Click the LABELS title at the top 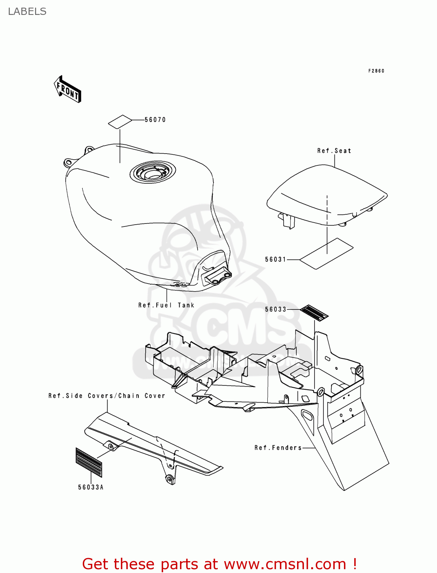(x=27, y=11)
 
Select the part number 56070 (x=155, y=120)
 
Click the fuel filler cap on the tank (x=153, y=172)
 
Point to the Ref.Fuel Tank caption (x=166, y=305)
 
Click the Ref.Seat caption (x=334, y=151)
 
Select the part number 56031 (x=275, y=259)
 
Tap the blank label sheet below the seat (x=327, y=254)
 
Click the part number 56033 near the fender (x=275, y=309)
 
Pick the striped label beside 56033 (x=314, y=313)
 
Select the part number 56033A (x=91, y=487)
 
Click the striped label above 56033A (x=89, y=463)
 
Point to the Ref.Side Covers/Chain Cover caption (x=107, y=396)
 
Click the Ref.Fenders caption (x=278, y=448)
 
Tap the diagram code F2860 (x=376, y=71)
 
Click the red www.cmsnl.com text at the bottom (x=285, y=564)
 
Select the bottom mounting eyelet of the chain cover (x=168, y=479)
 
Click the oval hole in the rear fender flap (x=307, y=415)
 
